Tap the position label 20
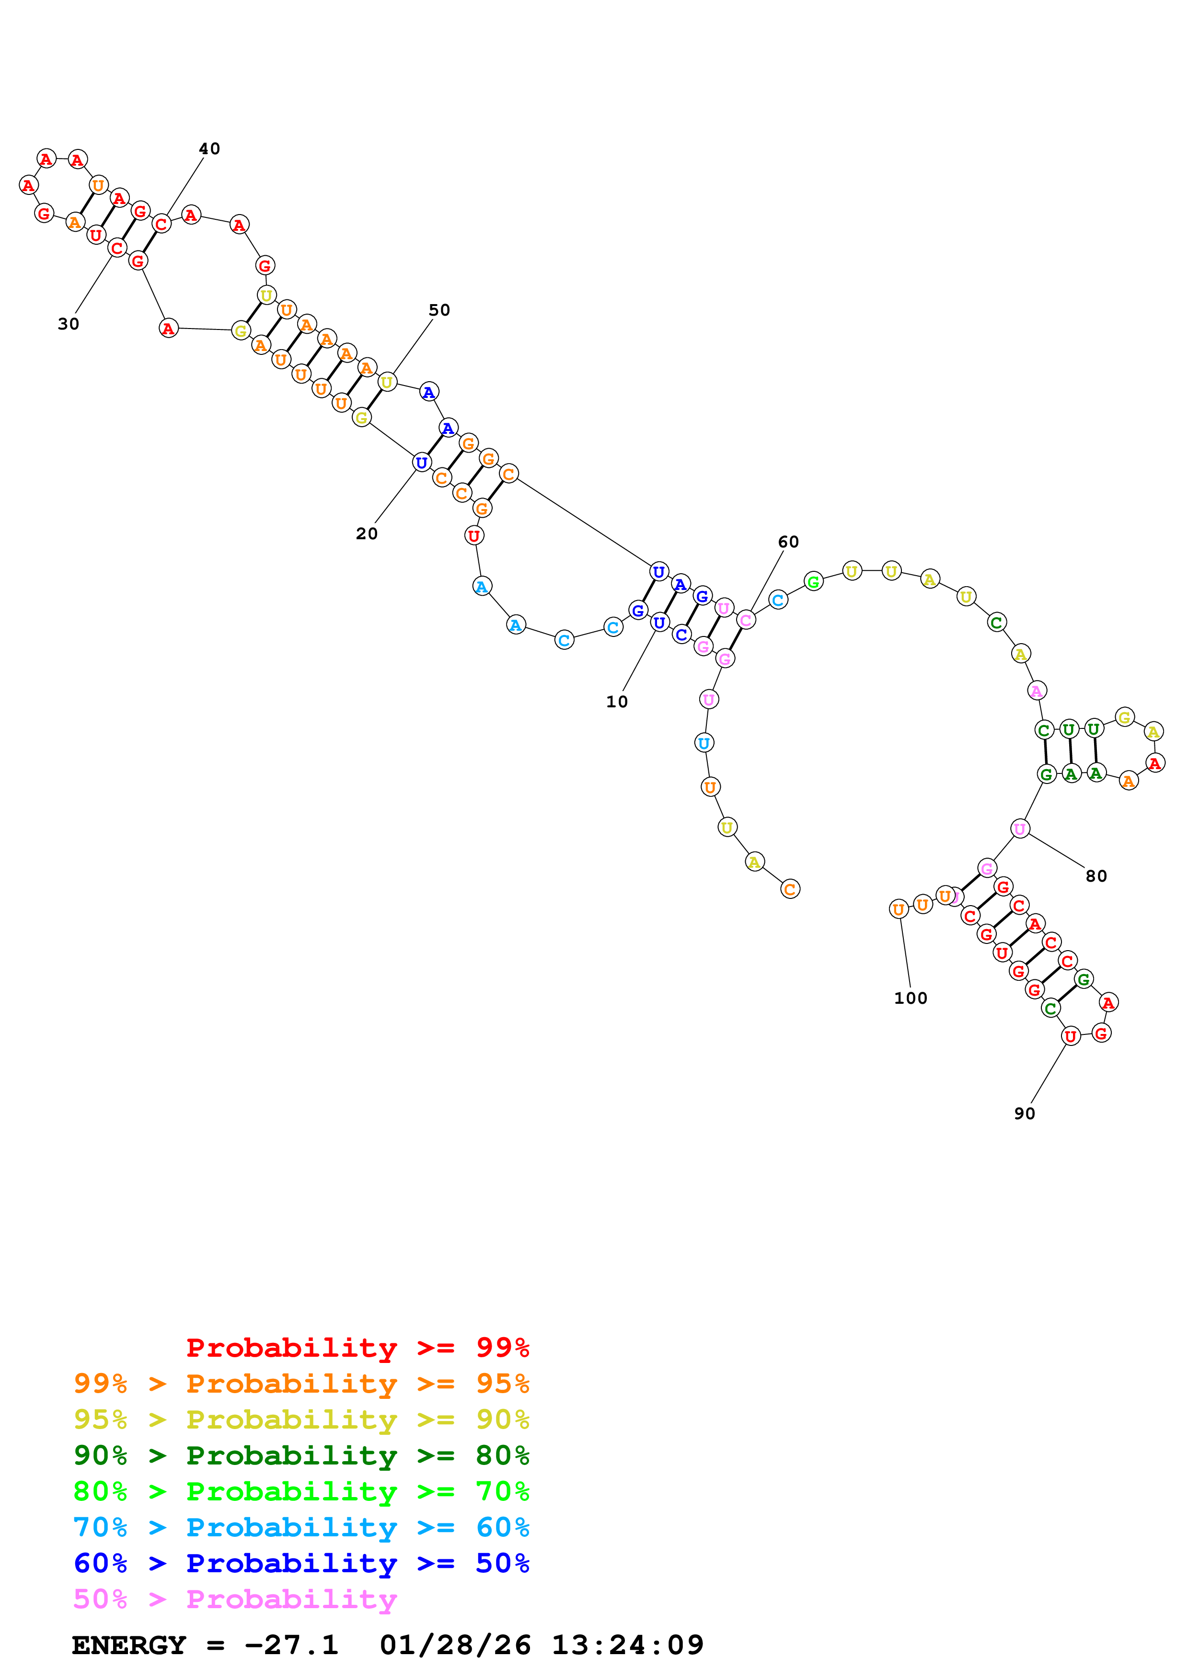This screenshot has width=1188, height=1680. coord(367,534)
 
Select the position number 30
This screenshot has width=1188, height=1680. coord(68,324)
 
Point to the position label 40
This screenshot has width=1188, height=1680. coord(209,148)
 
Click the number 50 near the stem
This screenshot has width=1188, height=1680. coord(439,310)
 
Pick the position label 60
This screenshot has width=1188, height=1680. coord(788,542)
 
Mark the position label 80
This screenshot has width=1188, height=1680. coord(1096,876)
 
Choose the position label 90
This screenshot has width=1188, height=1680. coord(1024,1113)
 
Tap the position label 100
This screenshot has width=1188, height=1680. coord(911,998)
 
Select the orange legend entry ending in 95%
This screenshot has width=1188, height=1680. coord(301,1384)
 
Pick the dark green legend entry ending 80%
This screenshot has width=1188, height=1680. coord(301,1455)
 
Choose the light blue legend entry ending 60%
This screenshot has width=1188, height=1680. coord(301,1527)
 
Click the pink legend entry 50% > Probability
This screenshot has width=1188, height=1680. coord(234,1599)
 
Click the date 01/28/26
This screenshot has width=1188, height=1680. coord(455,1645)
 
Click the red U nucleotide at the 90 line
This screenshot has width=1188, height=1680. coord(1070,1036)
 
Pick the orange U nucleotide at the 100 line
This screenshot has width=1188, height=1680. coord(898,909)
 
